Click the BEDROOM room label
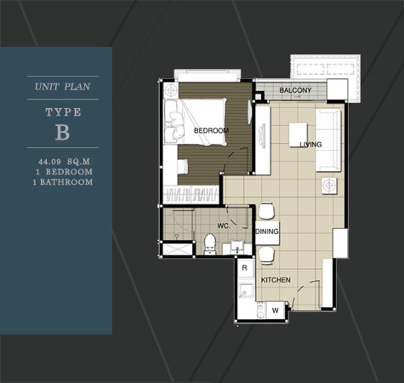point(211,130)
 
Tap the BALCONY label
point(295,90)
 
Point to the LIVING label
point(311,145)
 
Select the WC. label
point(224,226)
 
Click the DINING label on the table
point(267,232)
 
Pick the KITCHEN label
point(276,280)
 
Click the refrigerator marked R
point(245,267)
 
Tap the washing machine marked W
point(276,311)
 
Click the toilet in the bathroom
point(210,244)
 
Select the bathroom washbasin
point(237,247)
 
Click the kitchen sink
point(246,291)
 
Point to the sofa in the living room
point(328,140)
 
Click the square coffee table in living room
point(298,134)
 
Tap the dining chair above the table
point(266,211)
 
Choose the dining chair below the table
point(266,255)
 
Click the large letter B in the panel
point(63,132)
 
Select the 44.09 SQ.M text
point(65,162)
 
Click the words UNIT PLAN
point(63,87)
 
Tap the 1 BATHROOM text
point(63,182)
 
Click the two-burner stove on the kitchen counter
point(261,311)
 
